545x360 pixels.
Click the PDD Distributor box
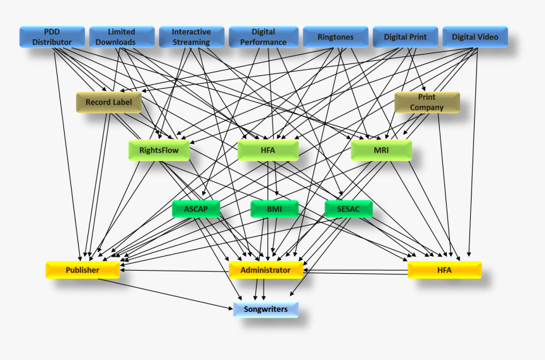tap(52, 37)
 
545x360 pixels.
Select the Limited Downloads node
tap(122, 37)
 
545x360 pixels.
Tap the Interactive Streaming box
tap(191, 37)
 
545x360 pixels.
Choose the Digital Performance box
tap(263, 37)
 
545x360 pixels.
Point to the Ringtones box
tap(335, 37)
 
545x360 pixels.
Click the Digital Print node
tap(405, 37)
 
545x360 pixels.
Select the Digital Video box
tap(475, 37)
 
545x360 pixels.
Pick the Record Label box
tap(108, 102)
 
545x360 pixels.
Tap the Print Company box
tap(426, 102)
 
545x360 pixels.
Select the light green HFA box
tap(268, 150)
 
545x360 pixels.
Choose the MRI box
tap(381, 150)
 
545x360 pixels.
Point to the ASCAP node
tap(196, 209)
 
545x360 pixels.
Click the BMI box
tap(274, 209)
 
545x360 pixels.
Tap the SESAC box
tap(349, 209)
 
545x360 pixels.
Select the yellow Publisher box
tap(82, 270)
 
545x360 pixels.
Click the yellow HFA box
tap(444, 270)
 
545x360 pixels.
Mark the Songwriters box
tap(266, 309)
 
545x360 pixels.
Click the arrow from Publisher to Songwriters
tap(165, 293)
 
